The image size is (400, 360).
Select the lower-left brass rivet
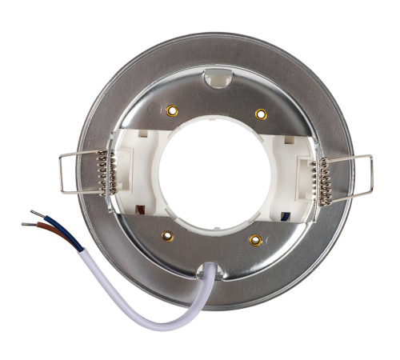pyautogui.click(x=167, y=234)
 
